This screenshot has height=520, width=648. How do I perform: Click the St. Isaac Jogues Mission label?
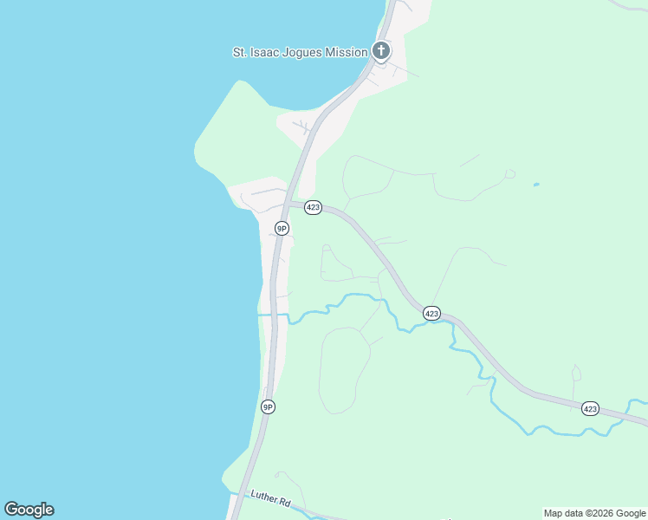tap(300, 52)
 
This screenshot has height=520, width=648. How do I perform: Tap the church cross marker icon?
tap(381, 51)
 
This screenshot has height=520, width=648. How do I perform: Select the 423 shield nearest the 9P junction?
tap(314, 208)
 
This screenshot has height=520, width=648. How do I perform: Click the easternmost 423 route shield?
tap(590, 408)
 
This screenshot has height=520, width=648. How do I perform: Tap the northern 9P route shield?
tap(282, 228)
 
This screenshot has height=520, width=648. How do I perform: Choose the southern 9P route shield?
tap(269, 406)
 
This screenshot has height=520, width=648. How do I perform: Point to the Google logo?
tap(29, 510)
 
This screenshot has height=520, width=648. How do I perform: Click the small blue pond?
tap(536, 184)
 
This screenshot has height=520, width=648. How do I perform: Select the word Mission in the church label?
tap(347, 52)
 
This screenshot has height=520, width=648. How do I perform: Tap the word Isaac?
tap(268, 52)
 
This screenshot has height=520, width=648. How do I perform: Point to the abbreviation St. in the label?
tap(240, 52)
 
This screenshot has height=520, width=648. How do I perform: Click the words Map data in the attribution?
tap(563, 513)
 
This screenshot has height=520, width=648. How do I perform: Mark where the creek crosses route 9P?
tap(273, 315)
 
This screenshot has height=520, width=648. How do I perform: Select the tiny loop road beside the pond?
tap(510, 174)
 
